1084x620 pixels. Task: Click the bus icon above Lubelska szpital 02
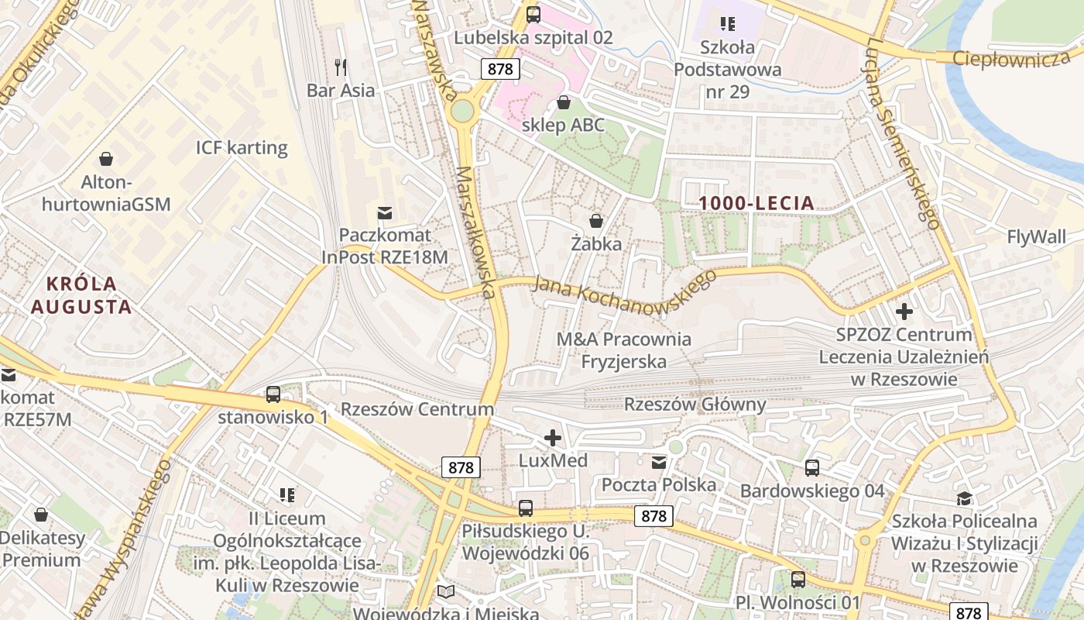(533, 14)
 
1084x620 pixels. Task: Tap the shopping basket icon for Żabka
(596, 221)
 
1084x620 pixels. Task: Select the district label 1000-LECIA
(756, 204)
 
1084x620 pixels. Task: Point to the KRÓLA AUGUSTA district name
(81, 295)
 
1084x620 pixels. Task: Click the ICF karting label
(242, 147)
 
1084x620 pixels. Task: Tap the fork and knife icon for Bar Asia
(341, 67)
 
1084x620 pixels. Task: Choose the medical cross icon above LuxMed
(553, 438)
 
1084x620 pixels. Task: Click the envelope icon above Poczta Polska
(659, 463)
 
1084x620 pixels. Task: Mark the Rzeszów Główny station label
(695, 405)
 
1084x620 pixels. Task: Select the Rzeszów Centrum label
(417, 409)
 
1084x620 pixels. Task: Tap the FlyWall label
(1036, 237)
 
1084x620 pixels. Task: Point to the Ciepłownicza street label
(1011, 59)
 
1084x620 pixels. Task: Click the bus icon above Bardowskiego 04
(811, 468)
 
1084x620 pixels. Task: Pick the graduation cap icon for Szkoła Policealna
(964, 498)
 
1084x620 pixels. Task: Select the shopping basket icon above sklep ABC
(564, 102)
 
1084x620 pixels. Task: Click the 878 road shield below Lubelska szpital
(500, 68)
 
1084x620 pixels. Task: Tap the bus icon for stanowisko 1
(273, 394)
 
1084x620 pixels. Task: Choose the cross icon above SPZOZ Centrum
(904, 312)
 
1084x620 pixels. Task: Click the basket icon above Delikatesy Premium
(41, 515)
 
